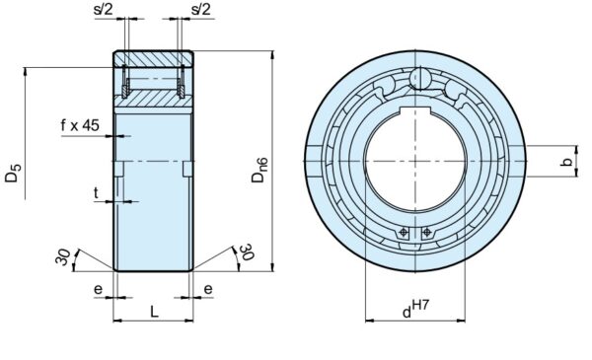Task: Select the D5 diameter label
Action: click(13, 182)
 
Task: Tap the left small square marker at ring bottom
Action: click(405, 234)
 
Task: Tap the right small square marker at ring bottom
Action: click(426, 234)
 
